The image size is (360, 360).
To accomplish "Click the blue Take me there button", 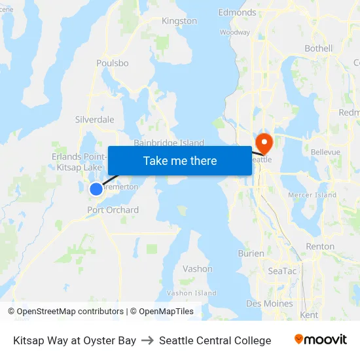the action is point(180,160).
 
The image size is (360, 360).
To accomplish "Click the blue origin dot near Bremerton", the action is point(96,189).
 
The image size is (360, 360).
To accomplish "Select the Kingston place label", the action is point(179,21).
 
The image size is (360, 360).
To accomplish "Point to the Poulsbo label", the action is point(112,63).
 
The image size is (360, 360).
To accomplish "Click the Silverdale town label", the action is point(95,120).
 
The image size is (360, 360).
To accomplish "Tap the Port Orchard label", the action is point(113,210).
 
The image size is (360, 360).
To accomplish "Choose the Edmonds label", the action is point(237,12).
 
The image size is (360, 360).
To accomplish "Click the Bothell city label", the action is point(318,48).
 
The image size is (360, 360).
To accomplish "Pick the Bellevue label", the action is point(325,152).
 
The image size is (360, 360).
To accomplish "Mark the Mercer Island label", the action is point(312,195).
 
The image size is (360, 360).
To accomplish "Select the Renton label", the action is point(320,247).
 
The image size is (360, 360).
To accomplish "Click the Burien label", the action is point(251,253).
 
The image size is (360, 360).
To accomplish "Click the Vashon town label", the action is point(197,268).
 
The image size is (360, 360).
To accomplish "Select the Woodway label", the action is point(235,32).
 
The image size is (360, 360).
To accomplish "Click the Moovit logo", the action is point(321,340).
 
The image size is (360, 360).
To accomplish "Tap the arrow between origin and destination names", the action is point(147,340).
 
